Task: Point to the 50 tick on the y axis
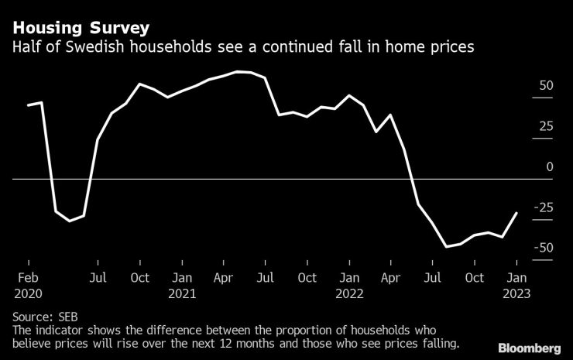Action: click(546, 86)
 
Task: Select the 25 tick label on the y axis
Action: click(546, 126)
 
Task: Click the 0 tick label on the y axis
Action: click(550, 166)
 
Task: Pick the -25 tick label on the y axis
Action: click(544, 207)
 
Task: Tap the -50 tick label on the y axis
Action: click(544, 248)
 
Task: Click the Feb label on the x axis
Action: click(28, 278)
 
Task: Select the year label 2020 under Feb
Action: click(28, 294)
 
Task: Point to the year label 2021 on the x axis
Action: click(182, 294)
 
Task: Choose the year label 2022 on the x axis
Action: click(349, 294)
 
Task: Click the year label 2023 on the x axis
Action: click(517, 294)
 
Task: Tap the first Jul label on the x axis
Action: click(98, 278)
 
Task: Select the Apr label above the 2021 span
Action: click(224, 278)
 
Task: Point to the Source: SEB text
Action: click(45, 317)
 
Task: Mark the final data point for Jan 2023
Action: click(516, 213)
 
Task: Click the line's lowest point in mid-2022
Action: click(446, 247)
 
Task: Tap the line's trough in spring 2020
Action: click(70, 221)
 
